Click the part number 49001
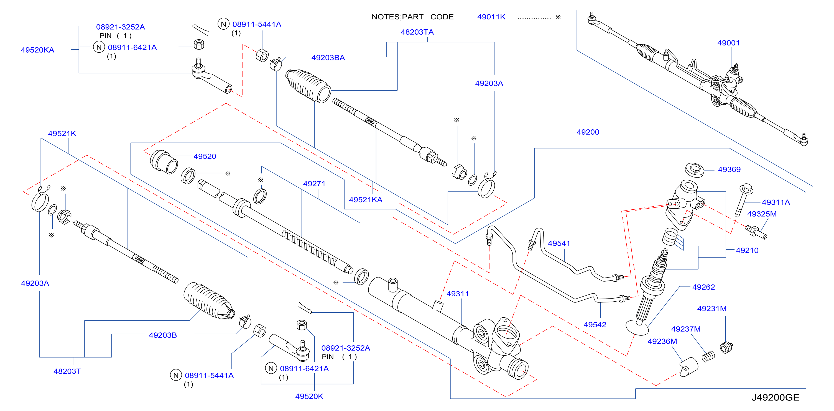pyautogui.click(x=728, y=43)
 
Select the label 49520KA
pyautogui.click(x=37, y=50)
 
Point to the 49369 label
pyautogui.click(x=729, y=169)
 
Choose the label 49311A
pyautogui.click(x=776, y=202)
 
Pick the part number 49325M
pyautogui.click(x=762, y=214)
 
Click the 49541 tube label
pyautogui.click(x=559, y=243)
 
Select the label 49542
pyautogui.click(x=595, y=325)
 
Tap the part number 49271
pyautogui.click(x=314, y=184)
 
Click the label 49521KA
pyautogui.click(x=366, y=200)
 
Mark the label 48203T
pyautogui.click(x=67, y=371)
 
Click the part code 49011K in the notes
pyautogui.click(x=491, y=17)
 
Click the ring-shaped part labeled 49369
pyautogui.click(x=695, y=170)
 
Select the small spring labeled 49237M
pyautogui.click(x=708, y=357)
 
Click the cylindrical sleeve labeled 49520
pyautogui.click(x=164, y=162)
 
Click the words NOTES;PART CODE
pyautogui.click(x=412, y=17)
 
